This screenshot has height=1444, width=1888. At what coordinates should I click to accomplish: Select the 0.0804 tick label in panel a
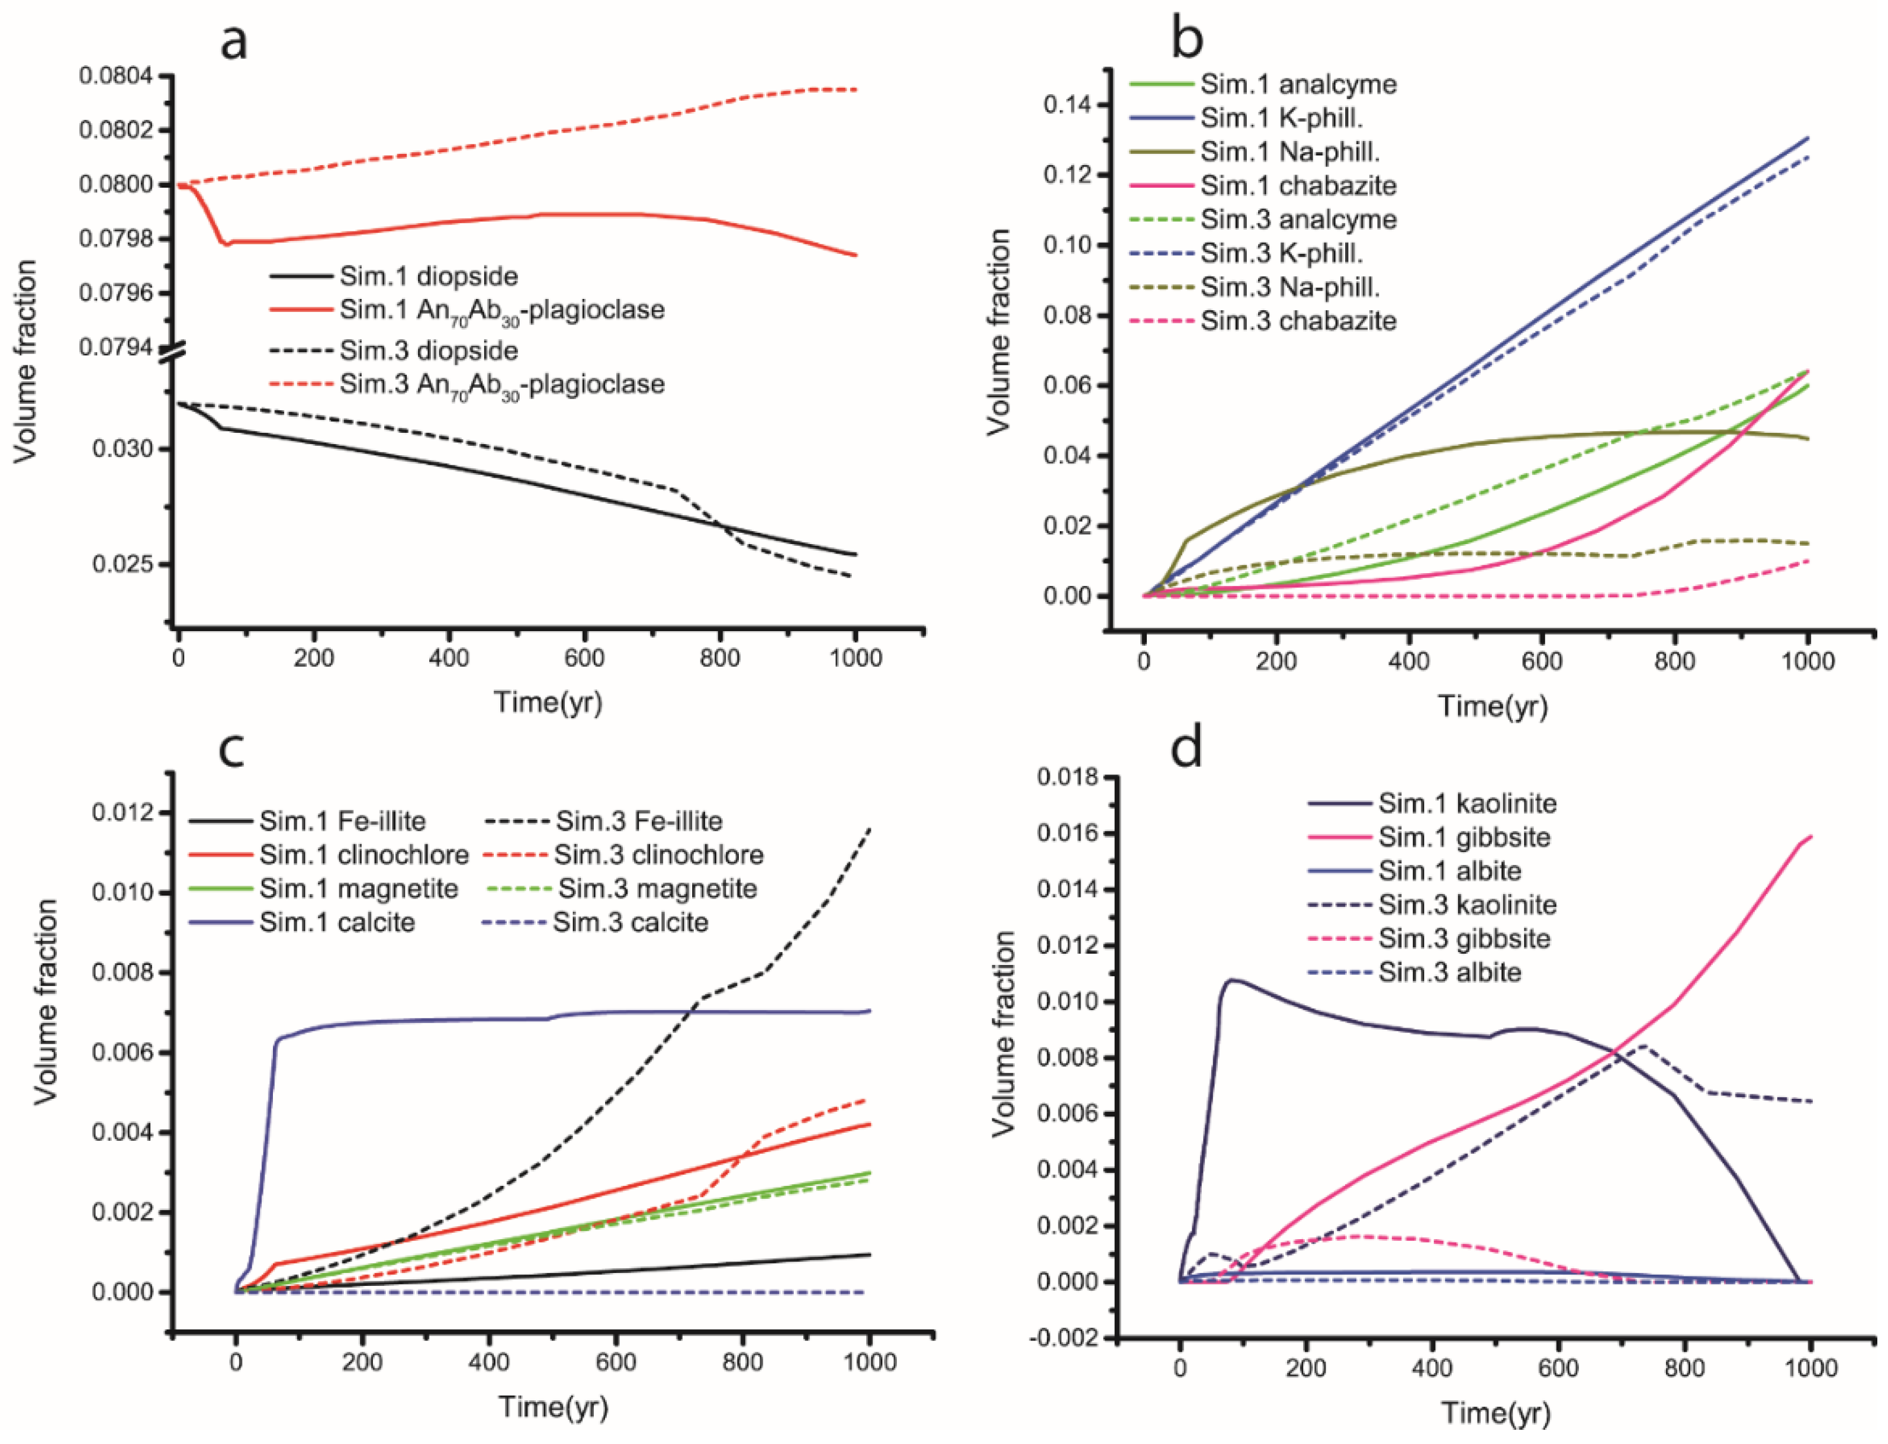pos(115,76)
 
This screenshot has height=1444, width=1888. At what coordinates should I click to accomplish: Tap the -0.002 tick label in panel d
pos(1066,1338)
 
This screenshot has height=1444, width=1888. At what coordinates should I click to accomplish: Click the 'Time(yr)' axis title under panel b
pos(1493,706)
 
